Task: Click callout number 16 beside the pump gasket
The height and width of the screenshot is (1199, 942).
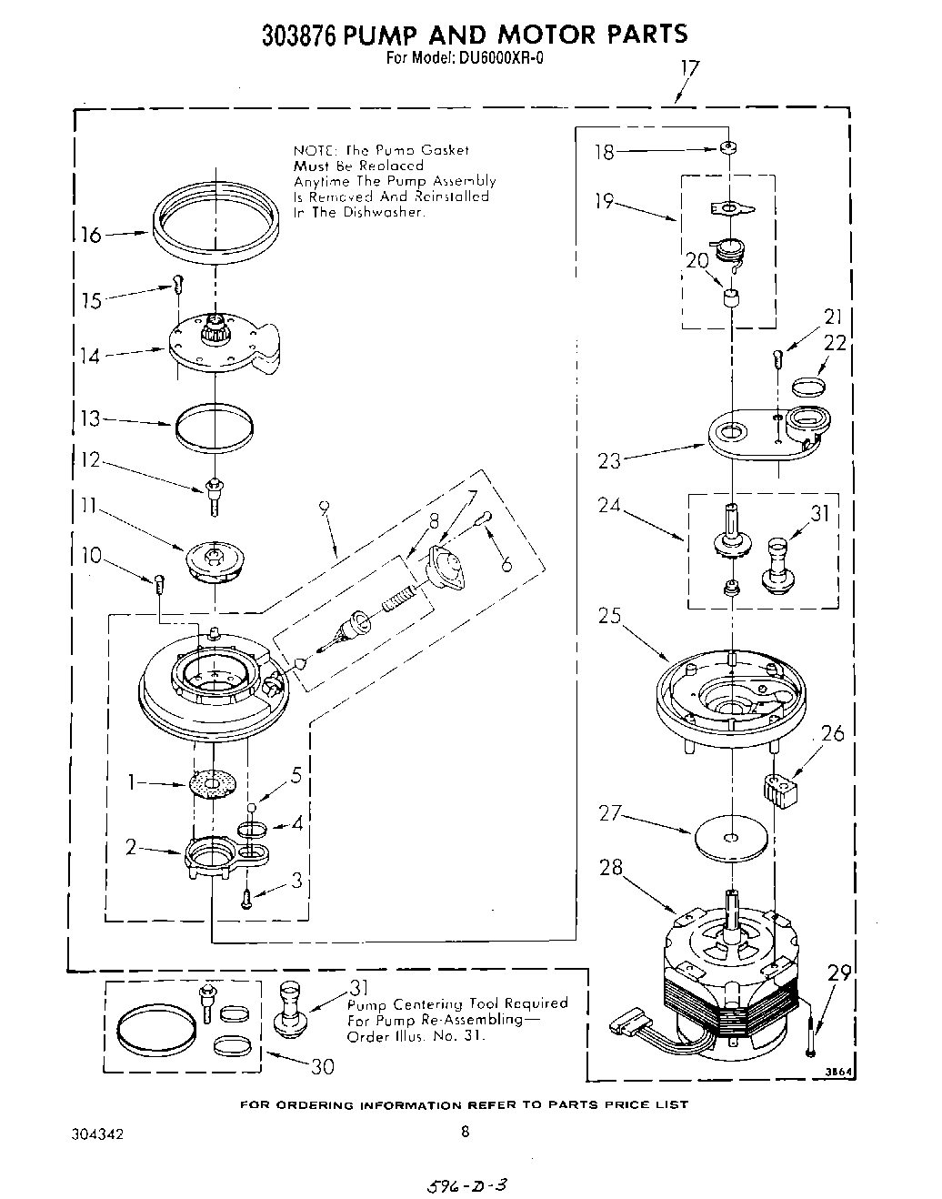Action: (91, 236)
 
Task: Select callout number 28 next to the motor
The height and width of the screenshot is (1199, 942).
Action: (611, 867)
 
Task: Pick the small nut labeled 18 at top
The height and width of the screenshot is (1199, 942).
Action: (727, 147)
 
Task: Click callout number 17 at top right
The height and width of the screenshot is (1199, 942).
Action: (689, 66)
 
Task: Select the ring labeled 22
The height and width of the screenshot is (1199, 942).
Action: (807, 388)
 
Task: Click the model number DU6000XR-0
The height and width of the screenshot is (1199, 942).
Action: (492, 60)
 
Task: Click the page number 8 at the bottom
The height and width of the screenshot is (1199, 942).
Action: (465, 1133)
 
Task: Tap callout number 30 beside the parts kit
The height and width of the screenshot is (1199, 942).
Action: (323, 1067)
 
